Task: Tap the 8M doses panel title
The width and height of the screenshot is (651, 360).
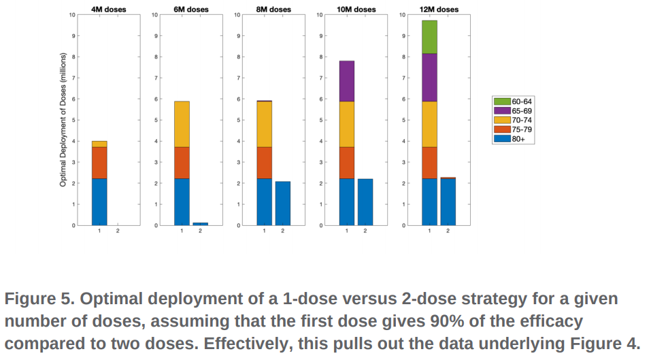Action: [273, 10]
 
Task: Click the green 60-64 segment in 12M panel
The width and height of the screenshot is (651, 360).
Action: [429, 37]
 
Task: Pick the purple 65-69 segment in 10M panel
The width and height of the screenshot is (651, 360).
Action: [346, 82]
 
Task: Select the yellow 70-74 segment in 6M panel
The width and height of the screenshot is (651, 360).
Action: [182, 125]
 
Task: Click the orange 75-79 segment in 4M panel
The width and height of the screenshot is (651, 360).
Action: [99, 163]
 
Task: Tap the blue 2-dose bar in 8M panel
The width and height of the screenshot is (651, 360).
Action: [282, 203]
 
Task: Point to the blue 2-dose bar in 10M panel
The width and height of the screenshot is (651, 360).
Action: [365, 202]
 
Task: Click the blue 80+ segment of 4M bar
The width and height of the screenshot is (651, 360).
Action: [99, 202]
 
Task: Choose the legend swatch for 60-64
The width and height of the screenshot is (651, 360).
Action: [502, 101]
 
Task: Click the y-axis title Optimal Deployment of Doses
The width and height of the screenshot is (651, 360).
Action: [63, 120]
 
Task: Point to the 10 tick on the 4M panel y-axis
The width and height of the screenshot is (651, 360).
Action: [73, 14]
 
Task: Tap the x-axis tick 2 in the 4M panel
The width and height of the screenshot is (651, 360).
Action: [117, 231]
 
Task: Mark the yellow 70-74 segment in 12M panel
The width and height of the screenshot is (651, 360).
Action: [429, 125]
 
